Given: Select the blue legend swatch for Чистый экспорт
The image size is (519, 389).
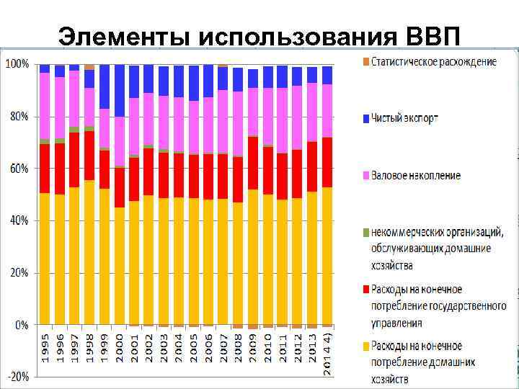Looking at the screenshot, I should (x=365, y=118).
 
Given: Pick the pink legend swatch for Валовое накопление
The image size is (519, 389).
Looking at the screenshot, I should (x=365, y=175).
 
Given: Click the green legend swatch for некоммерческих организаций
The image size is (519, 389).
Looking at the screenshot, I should (x=365, y=232).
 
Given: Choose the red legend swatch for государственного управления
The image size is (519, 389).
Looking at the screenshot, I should (x=365, y=290).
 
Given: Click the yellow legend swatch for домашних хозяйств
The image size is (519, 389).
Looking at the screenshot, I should (x=365, y=346).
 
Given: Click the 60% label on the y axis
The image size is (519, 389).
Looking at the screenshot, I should (x=19, y=169).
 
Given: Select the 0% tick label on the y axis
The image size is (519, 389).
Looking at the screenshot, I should (x=22, y=325).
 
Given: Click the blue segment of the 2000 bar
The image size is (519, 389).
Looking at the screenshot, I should (x=119, y=90).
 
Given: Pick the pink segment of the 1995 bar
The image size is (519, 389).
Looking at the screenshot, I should (x=45, y=105).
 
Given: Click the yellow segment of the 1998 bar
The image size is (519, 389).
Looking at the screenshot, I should (x=89, y=252).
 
